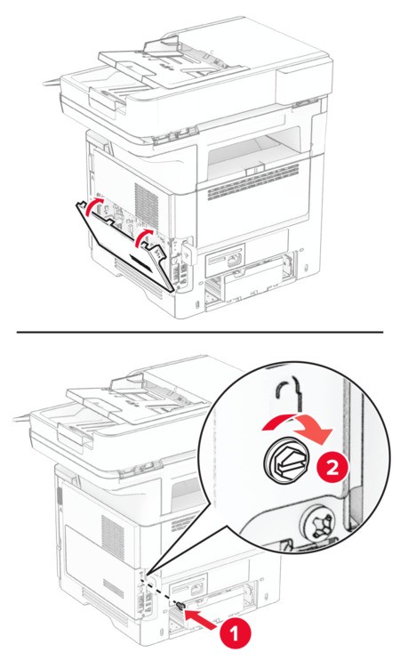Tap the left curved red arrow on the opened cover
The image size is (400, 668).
pyautogui.click(x=90, y=206)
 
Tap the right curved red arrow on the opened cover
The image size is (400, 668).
pyautogui.click(x=142, y=238)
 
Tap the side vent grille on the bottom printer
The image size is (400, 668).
pyautogui.click(x=112, y=533)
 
